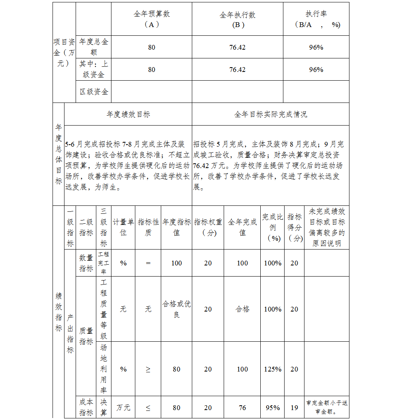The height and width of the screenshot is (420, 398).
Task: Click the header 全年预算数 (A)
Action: tap(152, 19)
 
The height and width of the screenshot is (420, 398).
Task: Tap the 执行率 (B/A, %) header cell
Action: tap(316, 19)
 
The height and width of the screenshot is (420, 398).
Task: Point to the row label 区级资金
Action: tap(94, 92)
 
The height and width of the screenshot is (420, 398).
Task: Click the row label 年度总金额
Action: tap(94, 47)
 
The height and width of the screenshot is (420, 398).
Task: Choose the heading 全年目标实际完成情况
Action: tap(271, 114)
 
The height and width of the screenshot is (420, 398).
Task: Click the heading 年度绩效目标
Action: tap(128, 114)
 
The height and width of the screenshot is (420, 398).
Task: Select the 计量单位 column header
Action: tap(123, 227)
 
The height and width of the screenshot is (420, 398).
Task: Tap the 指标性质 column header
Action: tap(148, 227)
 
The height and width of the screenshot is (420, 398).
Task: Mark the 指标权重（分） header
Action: tap(208, 227)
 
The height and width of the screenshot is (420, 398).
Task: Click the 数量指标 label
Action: tap(86, 263)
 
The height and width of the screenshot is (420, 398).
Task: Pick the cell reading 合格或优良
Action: tap(176, 309)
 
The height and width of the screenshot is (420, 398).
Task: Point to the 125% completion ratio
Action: tap(273, 369)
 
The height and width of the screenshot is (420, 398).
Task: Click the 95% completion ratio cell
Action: tap(273, 408)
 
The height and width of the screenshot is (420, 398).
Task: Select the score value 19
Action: tap(294, 408)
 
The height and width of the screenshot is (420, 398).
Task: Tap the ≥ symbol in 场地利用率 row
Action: tap(148, 369)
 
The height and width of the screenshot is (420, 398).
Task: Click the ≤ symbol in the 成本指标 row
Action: tap(148, 408)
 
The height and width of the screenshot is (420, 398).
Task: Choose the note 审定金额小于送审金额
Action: tap(327, 407)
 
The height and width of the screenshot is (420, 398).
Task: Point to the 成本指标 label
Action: tap(86, 407)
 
